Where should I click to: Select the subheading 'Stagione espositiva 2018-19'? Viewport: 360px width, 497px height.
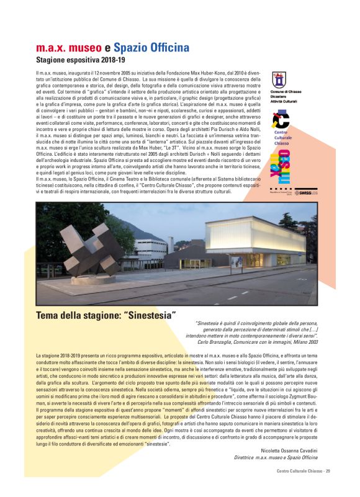pos(80,61)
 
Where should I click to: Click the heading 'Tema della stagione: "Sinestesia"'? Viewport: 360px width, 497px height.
pos(106,315)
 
